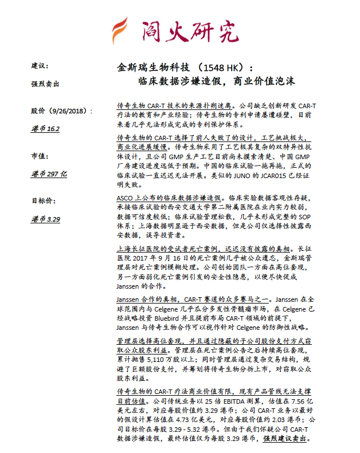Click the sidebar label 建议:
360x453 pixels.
[40, 66]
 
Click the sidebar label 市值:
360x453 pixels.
[40, 155]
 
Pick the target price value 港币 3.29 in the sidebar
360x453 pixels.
[45, 218]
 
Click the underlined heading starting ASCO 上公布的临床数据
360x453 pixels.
[170, 196]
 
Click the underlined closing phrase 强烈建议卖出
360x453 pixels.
[285, 439]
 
